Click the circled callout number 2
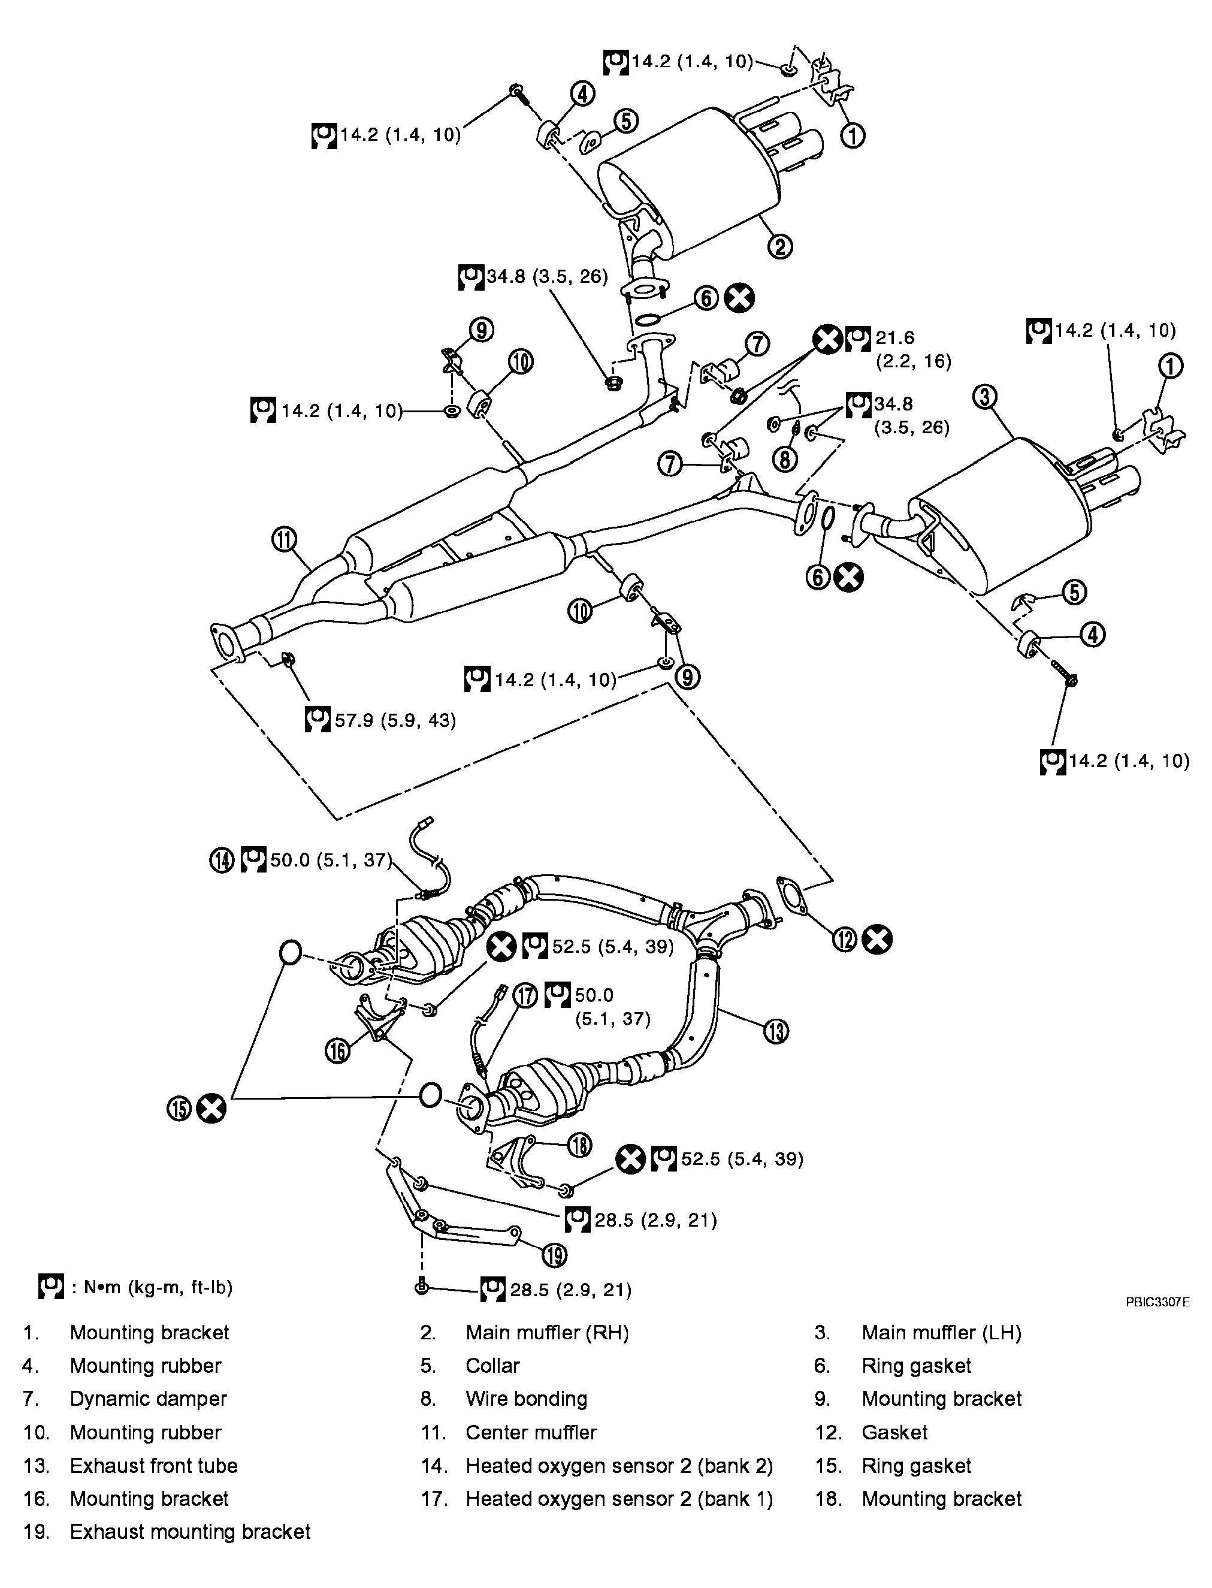click(x=780, y=247)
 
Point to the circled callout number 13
click(x=775, y=1031)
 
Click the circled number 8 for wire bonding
click(x=785, y=458)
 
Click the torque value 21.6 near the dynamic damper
click(x=894, y=337)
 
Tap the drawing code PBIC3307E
click(x=1156, y=1302)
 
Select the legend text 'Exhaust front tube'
click(x=153, y=1465)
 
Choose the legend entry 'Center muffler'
click(x=531, y=1432)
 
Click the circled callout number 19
click(x=554, y=1255)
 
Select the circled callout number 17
click(x=526, y=996)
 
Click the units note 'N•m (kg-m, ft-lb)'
click(x=152, y=1287)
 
